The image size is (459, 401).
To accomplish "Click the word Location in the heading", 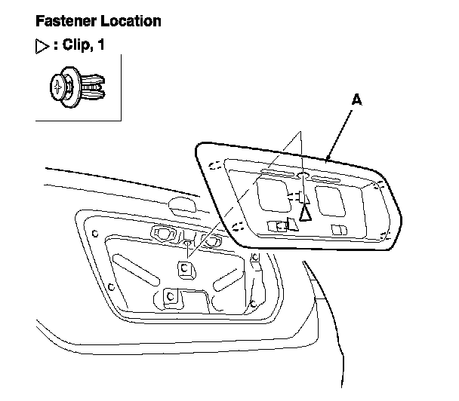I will pos(129,21).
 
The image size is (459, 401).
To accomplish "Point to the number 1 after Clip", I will pos(100,45).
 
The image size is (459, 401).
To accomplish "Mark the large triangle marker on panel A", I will pos(305,212).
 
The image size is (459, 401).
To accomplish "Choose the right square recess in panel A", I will pos(329,200).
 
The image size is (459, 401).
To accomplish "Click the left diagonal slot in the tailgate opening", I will pos(130,268).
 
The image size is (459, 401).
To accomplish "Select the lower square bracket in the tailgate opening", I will pos(170,296).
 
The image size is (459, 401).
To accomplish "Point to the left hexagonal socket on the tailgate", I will pos(162,233).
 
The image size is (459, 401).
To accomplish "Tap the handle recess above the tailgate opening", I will pos(182,204).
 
